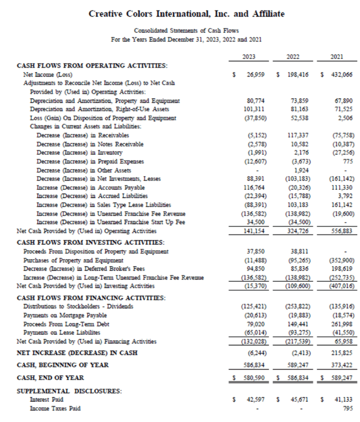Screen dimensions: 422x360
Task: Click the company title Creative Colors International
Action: coord(187,14)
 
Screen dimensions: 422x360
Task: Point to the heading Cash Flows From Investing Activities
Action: coord(90,242)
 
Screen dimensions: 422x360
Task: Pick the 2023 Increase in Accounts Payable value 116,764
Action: coord(256,187)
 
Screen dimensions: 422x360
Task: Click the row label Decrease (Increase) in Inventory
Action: coord(79,152)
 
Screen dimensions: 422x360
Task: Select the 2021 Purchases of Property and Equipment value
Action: coord(343,260)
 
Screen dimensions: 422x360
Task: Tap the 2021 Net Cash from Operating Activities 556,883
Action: coord(343,231)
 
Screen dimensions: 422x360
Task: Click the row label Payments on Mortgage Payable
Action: coord(65,315)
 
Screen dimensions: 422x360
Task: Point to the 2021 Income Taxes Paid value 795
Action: coord(348,408)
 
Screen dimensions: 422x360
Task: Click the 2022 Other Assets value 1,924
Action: coord(303,170)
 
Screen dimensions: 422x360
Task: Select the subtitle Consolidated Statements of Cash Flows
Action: coord(186,30)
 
